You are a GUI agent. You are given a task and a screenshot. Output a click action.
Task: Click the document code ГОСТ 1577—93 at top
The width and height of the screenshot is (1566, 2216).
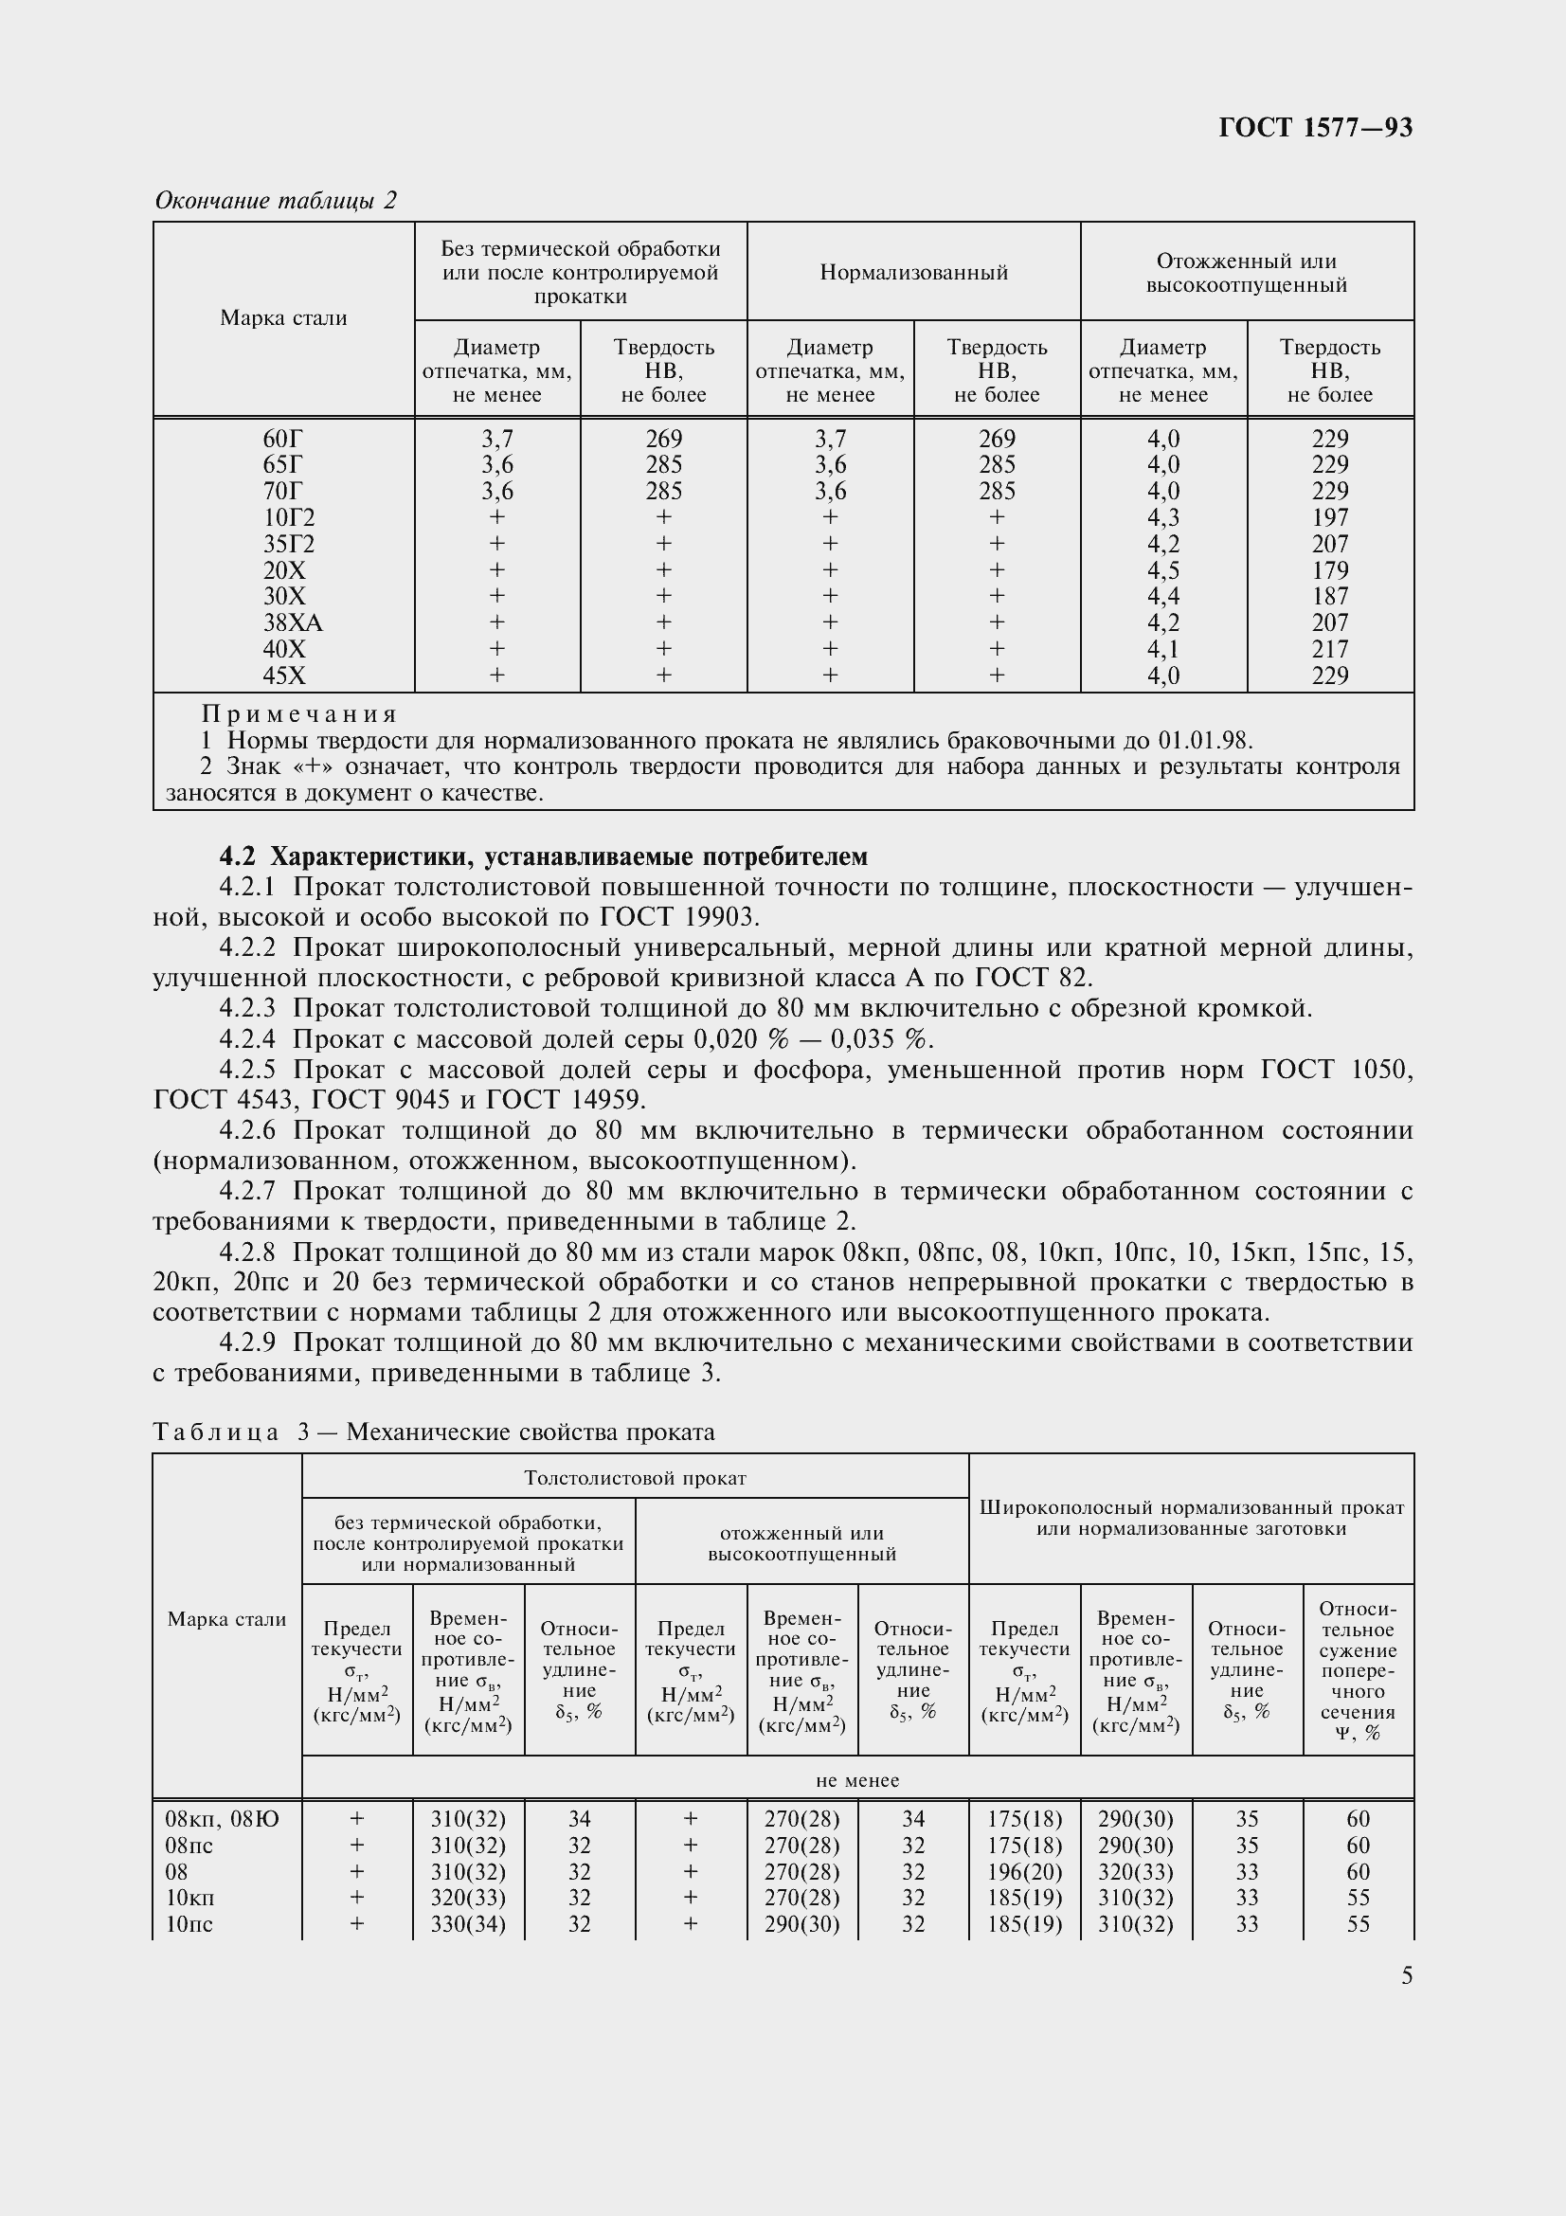point(1315,127)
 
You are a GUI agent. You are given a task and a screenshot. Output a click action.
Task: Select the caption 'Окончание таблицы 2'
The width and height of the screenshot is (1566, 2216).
point(276,201)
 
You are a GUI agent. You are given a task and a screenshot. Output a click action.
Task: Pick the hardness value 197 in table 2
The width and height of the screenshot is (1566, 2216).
point(1329,517)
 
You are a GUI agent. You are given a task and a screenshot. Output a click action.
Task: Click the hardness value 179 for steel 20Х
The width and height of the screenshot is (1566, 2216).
point(1329,570)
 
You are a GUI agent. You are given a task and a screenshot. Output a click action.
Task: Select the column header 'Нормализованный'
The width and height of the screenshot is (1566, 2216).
point(914,272)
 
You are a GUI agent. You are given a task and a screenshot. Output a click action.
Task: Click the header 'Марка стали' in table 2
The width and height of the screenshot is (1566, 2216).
point(283,318)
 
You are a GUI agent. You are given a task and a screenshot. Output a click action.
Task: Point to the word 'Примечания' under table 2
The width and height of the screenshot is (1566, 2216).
point(299,714)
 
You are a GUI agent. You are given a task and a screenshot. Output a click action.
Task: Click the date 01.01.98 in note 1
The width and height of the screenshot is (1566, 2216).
point(1203,741)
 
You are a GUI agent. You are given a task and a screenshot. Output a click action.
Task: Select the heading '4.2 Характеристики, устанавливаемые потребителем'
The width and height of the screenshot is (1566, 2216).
point(543,856)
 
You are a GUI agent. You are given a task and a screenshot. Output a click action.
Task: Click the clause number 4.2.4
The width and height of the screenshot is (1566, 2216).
point(247,1038)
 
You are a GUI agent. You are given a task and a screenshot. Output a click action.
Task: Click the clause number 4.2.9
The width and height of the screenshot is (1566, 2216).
point(247,1342)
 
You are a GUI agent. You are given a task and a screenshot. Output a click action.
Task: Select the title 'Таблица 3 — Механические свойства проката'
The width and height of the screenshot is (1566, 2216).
point(434,1432)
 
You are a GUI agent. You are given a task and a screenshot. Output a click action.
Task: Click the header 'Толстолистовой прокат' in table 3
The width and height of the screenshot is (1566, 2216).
point(635,1478)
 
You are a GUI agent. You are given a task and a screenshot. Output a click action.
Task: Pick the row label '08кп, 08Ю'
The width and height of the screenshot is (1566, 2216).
point(222,1819)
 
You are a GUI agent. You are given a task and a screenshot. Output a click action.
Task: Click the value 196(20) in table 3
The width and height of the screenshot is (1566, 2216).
point(1025,1871)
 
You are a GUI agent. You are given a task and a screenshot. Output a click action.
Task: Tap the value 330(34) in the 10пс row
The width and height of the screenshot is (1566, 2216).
point(468,1923)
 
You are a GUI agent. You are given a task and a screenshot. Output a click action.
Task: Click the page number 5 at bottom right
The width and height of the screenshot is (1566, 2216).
point(1407,1975)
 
